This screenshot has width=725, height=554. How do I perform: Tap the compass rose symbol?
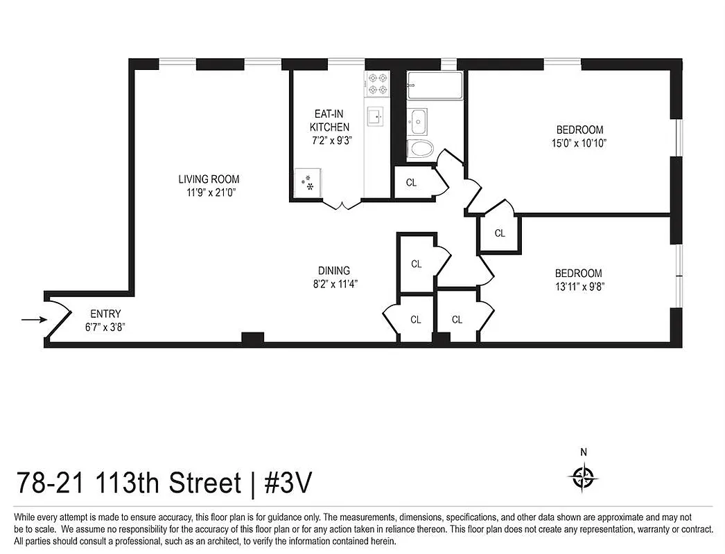click(x=584, y=476)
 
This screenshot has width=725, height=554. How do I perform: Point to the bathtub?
click(x=430, y=86)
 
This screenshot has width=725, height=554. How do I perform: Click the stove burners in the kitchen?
click(x=378, y=84)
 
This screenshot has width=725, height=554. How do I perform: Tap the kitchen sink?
click(x=376, y=116)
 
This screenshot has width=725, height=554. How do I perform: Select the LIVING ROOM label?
click(x=209, y=179)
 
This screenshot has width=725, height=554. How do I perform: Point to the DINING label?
click(x=334, y=271)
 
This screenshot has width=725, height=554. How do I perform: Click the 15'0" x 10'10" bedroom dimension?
click(x=579, y=143)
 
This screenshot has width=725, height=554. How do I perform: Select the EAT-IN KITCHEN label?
click(x=329, y=120)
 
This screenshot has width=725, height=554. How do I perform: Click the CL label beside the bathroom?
click(x=411, y=183)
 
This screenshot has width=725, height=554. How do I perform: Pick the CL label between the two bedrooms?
click(x=500, y=233)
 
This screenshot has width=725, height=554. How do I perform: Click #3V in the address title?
click(x=288, y=483)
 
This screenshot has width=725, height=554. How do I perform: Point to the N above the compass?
click(x=584, y=452)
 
